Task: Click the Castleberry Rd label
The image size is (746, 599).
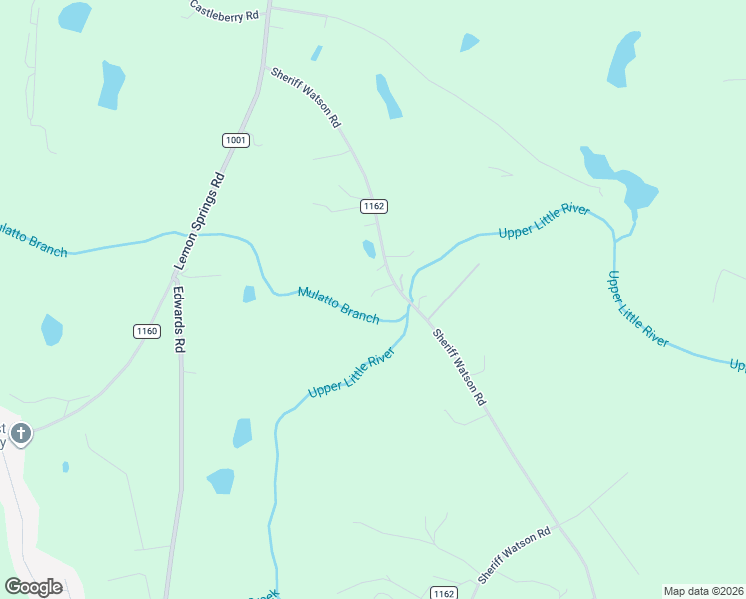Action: [224, 11]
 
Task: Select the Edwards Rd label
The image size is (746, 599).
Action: [180, 320]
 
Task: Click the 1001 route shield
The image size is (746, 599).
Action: [235, 140]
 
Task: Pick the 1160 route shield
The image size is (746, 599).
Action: [146, 331]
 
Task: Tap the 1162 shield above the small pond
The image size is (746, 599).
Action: [373, 206]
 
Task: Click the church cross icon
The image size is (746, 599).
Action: [21, 434]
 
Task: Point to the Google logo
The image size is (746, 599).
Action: [34, 587]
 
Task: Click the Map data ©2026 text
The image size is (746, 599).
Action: [703, 591]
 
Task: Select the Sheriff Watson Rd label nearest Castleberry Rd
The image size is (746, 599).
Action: [306, 97]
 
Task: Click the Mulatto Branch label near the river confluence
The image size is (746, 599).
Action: [338, 304]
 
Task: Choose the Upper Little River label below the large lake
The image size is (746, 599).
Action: [636, 307]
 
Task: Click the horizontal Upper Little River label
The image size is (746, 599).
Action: [544, 221]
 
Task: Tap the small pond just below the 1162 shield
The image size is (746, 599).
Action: [369, 249]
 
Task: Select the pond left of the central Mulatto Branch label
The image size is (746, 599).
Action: [249, 294]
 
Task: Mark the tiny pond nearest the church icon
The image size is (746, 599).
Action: [66, 466]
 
